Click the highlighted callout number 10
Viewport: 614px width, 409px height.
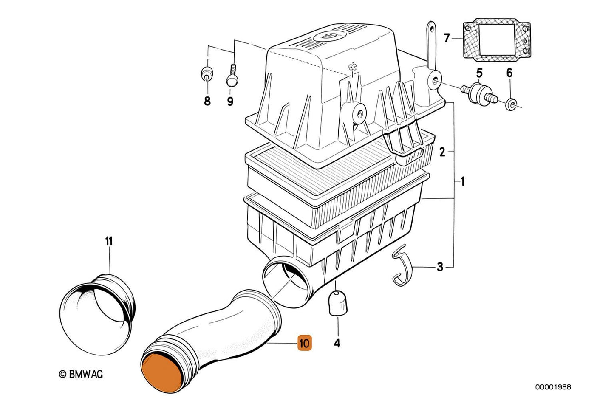(305, 343)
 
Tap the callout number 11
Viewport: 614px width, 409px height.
(109, 242)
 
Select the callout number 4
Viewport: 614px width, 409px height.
(337, 343)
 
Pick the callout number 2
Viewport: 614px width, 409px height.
(442, 152)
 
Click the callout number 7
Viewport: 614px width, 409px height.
(446, 39)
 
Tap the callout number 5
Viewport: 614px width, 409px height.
(479, 73)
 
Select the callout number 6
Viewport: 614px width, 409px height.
(509, 73)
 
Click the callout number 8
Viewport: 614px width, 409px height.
(207, 102)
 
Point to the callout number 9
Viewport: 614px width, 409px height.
(230, 102)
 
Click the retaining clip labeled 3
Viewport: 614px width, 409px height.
(400, 268)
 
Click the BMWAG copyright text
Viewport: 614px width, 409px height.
(81, 374)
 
